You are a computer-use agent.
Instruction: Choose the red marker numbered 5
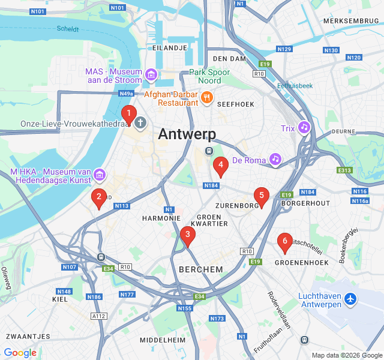point(261,196)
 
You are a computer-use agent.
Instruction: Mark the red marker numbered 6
point(285,242)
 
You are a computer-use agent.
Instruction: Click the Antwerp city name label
point(187,135)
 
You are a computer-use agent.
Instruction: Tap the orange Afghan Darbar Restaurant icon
point(206,97)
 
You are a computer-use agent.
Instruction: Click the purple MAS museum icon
point(151,75)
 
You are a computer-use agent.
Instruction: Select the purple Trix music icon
point(304,128)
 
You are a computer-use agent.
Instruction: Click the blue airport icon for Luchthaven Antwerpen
point(350,298)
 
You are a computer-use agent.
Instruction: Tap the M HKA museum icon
point(100,175)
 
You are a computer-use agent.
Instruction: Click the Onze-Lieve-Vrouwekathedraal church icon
point(140,124)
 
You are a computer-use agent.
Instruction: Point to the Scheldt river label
point(68,29)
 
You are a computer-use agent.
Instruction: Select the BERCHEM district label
point(200,269)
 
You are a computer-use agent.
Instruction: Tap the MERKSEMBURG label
point(351,21)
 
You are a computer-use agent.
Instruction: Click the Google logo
point(20,353)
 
